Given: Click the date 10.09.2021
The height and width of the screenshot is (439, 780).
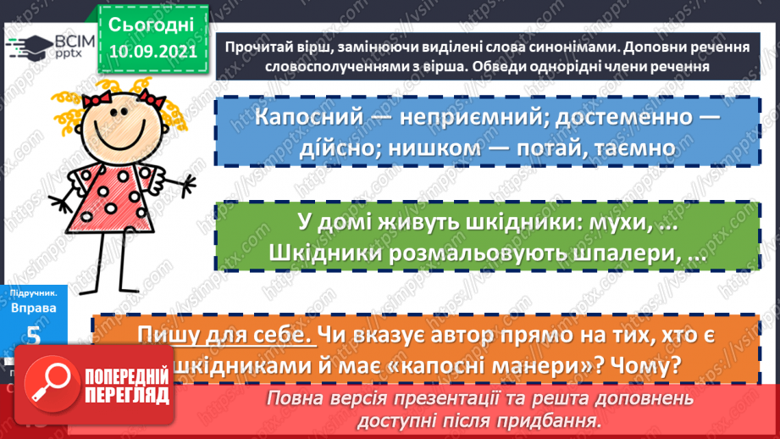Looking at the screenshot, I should click(x=152, y=52).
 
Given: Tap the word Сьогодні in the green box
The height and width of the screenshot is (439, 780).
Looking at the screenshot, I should click(x=152, y=24).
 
